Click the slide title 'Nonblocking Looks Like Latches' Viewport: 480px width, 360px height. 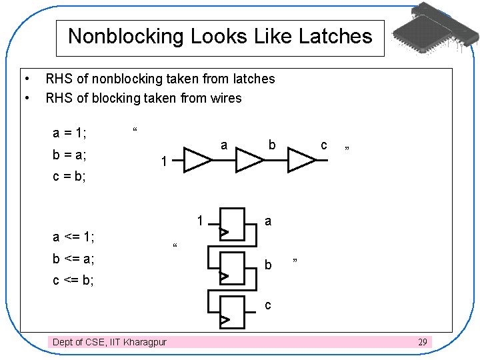(220, 36)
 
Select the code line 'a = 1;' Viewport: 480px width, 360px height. (69, 133)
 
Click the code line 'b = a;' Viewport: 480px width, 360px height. (69, 156)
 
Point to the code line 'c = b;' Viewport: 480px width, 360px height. (69, 178)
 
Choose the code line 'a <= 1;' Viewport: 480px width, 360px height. (73, 236)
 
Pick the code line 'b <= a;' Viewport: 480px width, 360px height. (73, 259)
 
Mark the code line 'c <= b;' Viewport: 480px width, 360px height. (73, 281)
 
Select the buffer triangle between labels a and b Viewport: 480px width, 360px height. (249, 161)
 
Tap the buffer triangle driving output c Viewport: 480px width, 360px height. (301, 161)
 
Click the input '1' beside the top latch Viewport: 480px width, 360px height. (200, 221)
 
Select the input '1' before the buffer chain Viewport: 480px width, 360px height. (163, 161)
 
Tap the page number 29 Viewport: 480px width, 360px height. (422, 342)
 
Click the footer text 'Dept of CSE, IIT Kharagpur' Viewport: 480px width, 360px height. (110, 342)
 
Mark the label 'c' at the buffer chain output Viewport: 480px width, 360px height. (324, 145)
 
